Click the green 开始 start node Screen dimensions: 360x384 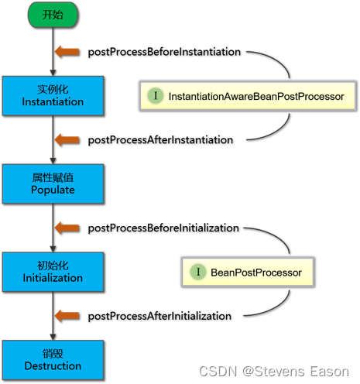coord(53,15)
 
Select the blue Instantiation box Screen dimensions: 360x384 coord(53,96)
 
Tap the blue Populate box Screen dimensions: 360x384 coord(53,183)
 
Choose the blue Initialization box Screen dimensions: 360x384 coord(53,272)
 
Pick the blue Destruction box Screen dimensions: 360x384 coord(53,360)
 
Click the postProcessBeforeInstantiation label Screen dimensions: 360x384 coord(164,52)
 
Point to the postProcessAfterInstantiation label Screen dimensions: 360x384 coord(160,140)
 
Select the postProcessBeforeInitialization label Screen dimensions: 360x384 coord(163,228)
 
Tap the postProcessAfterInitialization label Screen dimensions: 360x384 coord(159,317)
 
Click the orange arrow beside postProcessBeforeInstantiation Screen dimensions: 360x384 coord(67,52)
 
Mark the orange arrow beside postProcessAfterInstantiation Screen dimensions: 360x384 coord(67,140)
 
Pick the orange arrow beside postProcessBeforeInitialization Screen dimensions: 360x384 coord(67,228)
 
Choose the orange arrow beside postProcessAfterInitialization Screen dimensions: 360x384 coord(67,316)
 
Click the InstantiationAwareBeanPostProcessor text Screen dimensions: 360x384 coord(256,97)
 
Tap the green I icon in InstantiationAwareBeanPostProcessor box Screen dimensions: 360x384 coord(156,95)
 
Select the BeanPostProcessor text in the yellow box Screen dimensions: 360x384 coord(256,273)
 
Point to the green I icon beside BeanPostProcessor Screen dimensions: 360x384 coord(198,272)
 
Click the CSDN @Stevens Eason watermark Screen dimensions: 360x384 coord(274,372)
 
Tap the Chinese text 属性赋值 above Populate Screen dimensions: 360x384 coord(53,177)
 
